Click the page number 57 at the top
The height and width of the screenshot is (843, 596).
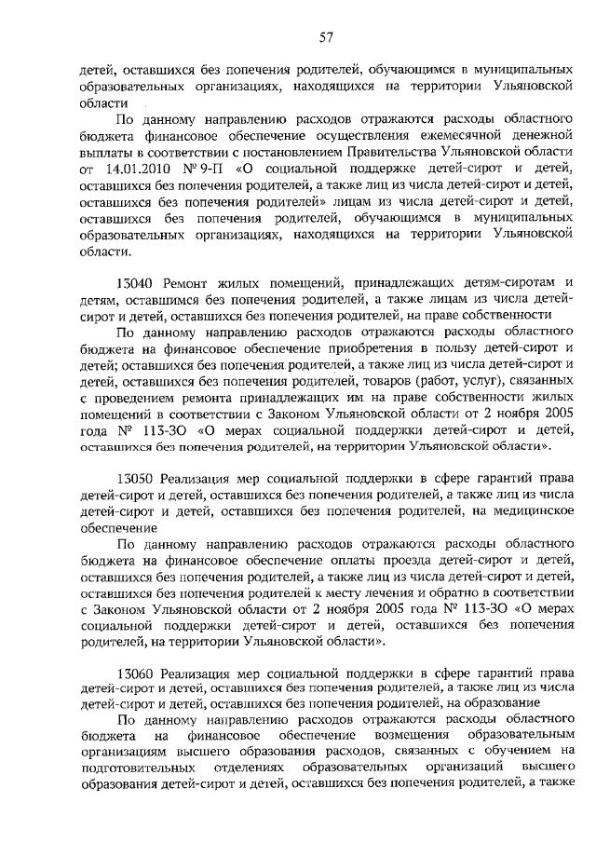pos(326,37)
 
